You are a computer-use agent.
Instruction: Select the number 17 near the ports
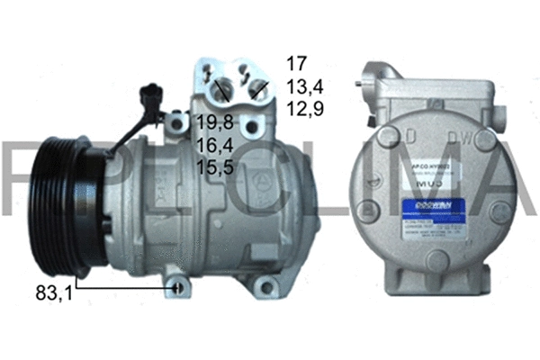(297, 64)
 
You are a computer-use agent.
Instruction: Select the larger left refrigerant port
(221, 87)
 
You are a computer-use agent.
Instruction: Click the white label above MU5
(433, 170)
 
